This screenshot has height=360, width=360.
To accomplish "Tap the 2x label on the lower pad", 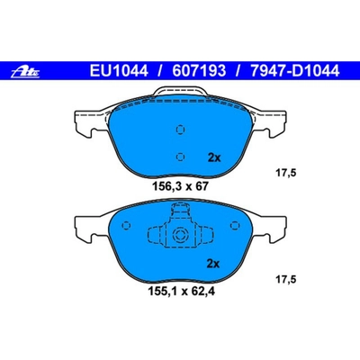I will point(213,264).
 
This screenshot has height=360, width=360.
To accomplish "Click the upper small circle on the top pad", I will point(180,128).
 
